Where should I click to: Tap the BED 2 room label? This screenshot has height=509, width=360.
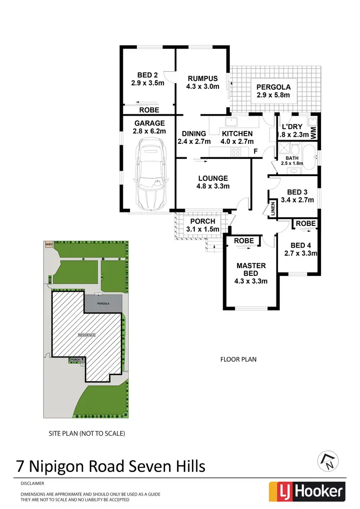[x=147, y=75]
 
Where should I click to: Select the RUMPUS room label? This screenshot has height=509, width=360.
[x=203, y=79]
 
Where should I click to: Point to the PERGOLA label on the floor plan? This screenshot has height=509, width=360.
[x=273, y=87]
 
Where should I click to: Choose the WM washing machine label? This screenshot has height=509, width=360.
[x=313, y=133]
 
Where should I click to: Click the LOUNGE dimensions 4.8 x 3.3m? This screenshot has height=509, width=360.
[x=213, y=187]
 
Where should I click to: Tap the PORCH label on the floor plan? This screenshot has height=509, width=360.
[x=203, y=222]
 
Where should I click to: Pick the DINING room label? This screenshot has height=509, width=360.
[x=194, y=134]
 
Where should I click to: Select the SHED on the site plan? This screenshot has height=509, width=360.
[x=48, y=244]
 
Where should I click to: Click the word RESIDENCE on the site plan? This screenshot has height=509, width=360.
[x=87, y=335]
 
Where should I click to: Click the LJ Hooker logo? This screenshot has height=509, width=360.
[x=307, y=491]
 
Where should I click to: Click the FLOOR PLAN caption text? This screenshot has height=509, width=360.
[x=239, y=359]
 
